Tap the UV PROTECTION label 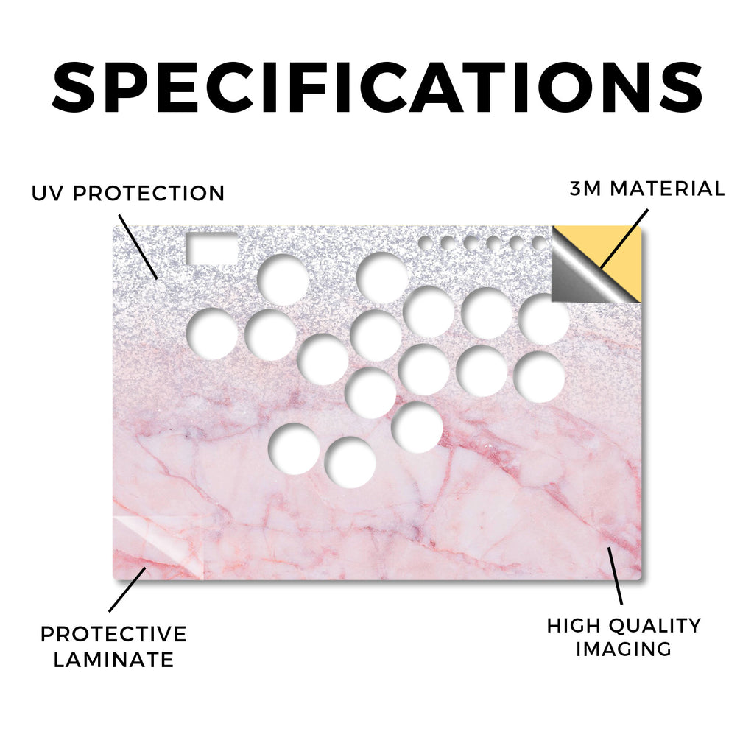point(128,194)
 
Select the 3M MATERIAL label point(647,188)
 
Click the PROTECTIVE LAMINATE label point(113,646)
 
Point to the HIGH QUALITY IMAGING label point(624,637)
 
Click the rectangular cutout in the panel point(211,248)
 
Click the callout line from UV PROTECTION point(138,247)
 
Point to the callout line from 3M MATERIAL point(624,239)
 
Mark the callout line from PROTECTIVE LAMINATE point(127,590)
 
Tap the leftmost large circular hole point(212,334)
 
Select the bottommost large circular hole point(350,462)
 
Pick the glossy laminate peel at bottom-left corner point(156,547)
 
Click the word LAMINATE point(113,659)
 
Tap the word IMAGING point(624,649)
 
